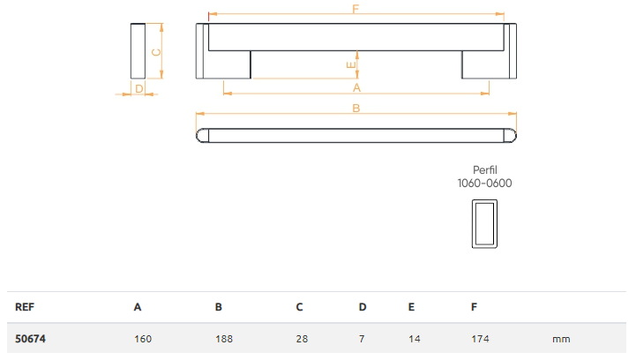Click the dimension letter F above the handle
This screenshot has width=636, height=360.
355,9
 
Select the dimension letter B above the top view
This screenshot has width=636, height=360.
355,109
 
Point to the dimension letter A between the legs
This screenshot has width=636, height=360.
356,87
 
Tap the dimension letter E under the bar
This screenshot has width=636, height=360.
351,64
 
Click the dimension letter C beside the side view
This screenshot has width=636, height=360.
156,51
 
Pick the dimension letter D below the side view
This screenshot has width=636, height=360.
138,88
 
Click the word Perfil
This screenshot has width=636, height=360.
484,170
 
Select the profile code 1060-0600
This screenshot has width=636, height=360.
484,184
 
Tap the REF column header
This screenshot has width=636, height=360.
24,307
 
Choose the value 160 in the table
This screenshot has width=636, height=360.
143,338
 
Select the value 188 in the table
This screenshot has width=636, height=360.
224,338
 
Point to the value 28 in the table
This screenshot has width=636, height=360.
302,338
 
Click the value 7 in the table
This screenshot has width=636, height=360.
362,338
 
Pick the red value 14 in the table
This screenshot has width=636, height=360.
413,338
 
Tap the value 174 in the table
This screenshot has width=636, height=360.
481,338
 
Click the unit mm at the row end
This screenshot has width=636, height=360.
561,338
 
